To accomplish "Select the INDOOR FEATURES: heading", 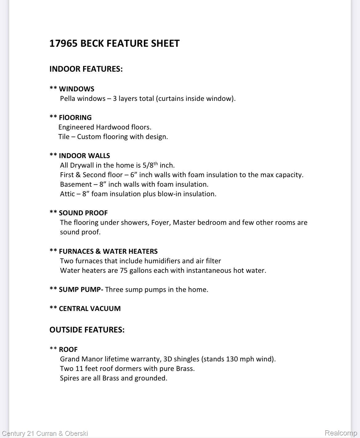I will click(x=86, y=69).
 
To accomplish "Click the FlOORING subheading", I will click(x=75, y=117).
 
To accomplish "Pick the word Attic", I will click(x=67, y=194).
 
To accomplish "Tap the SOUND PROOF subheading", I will click(x=83, y=213).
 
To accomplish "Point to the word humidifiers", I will click(x=162, y=261).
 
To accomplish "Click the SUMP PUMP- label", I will click(x=81, y=289).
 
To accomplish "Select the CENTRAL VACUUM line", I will click(x=90, y=309).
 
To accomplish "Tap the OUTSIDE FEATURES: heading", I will click(x=87, y=330).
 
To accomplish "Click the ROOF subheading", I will click(x=68, y=349).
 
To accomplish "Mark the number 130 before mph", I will click(x=232, y=359).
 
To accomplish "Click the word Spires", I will click(x=70, y=378).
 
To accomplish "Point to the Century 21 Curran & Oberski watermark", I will click(x=45, y=434).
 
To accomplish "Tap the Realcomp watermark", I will click(x=341, y=433).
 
